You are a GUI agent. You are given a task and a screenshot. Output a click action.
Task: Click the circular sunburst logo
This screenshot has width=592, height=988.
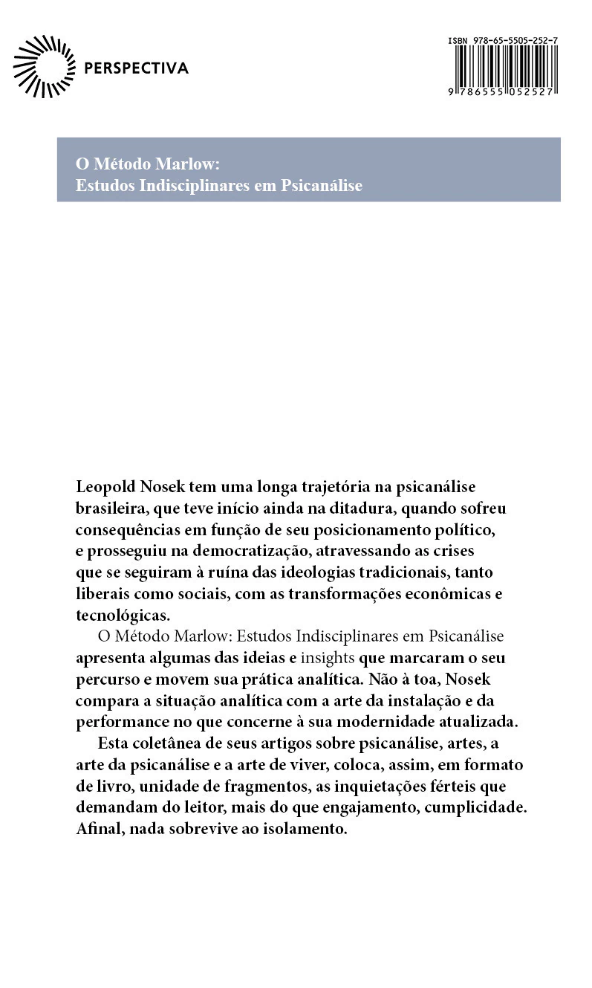45,66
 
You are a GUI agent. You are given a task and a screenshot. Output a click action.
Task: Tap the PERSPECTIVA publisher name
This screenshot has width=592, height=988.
137,69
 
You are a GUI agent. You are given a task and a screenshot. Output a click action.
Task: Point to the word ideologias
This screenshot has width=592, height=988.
329,573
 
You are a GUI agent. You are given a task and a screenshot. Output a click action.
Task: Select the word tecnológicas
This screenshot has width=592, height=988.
123,616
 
